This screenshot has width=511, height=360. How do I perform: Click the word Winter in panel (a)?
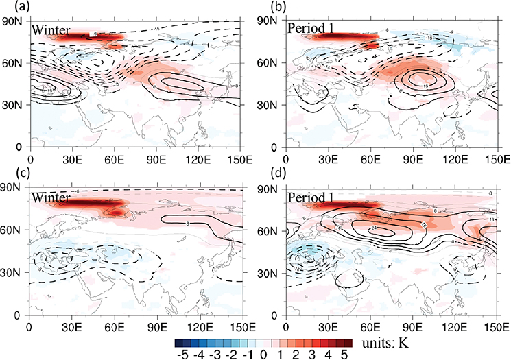(53, 29)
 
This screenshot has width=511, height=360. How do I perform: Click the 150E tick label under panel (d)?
(498, 327)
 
